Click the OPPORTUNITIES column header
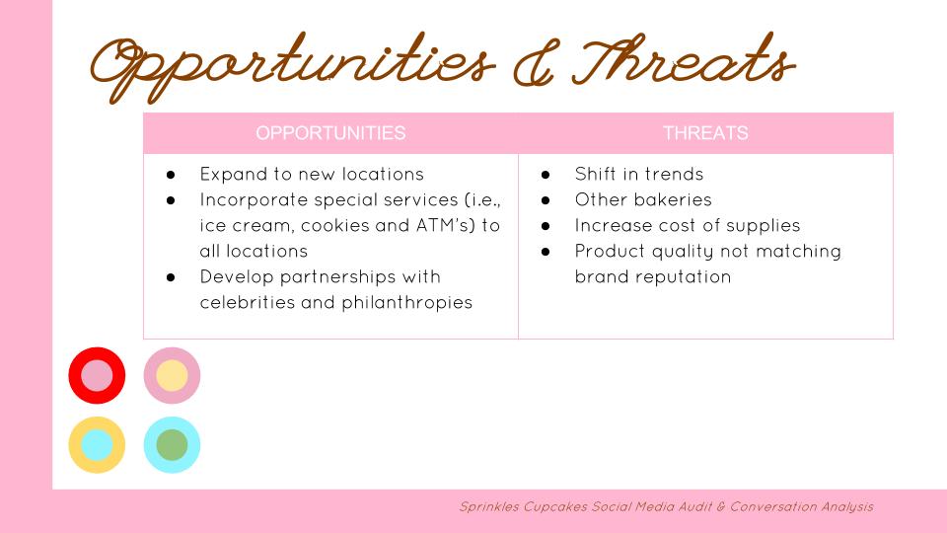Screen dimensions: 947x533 pyautogui.click(x=330, y=133)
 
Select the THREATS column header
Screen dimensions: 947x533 pyautogui.click(x=705, y=133)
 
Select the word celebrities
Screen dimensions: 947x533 pyautogui.click(x=247, y=302)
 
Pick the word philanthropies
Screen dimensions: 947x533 pyautogui.click(x=407, y=303)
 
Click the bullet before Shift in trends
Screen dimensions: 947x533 pyautogui.click(x=546, y=175)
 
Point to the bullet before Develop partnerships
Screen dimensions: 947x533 pyautogui.click(x=171, y=277)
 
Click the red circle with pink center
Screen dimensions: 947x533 pyautogui.click(x=77, y=375)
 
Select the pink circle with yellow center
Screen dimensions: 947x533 pyautogui.click(x=152, y=375)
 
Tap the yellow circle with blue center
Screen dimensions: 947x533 pyautogui.click(x=77, y=445)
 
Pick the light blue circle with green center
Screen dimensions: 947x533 pyautogui.click(x=152, y=445)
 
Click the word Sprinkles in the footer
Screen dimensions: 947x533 pyautogui.click(x=489, y=507)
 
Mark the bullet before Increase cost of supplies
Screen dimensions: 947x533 pyautogui.click(x=546, y=226)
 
